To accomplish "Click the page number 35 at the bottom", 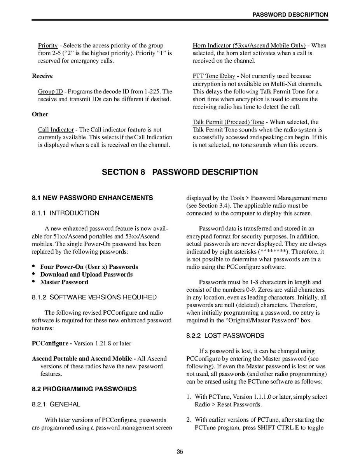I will (x=180, y=452).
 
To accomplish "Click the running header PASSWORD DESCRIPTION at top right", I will (x=290, y=15).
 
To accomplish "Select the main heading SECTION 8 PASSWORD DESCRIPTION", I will (x=180, y=172).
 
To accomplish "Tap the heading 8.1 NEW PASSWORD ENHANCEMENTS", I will (x=93, y=198).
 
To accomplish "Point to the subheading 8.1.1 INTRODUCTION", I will (x=65, y=213).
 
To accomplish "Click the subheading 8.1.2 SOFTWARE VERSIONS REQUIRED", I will (x=94, y=297).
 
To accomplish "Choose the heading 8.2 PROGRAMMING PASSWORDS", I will (x=84, y=389).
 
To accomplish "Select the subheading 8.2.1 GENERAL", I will (x=56, y=405).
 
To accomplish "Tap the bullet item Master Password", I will (x=64, y=282).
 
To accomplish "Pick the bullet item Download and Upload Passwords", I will (x=86, y=274).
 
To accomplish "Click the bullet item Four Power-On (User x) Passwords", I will (x=89, y=267).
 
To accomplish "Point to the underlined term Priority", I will (x=48, y=46).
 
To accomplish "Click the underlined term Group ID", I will (x=50, y=91).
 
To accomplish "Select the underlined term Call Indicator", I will (x=56, y=130).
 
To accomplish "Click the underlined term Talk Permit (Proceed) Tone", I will (x=228, y=122).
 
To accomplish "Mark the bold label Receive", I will (x=42, y=76).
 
